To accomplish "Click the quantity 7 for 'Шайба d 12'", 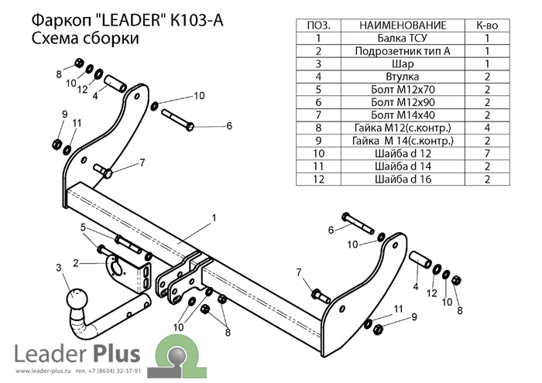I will point(488,154).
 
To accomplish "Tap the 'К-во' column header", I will point(488,25).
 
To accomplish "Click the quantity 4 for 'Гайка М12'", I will point(488,128).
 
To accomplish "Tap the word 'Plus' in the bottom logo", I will point(116,354).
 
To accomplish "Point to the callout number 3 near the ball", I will point(58,267).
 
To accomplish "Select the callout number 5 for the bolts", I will point(83,227).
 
